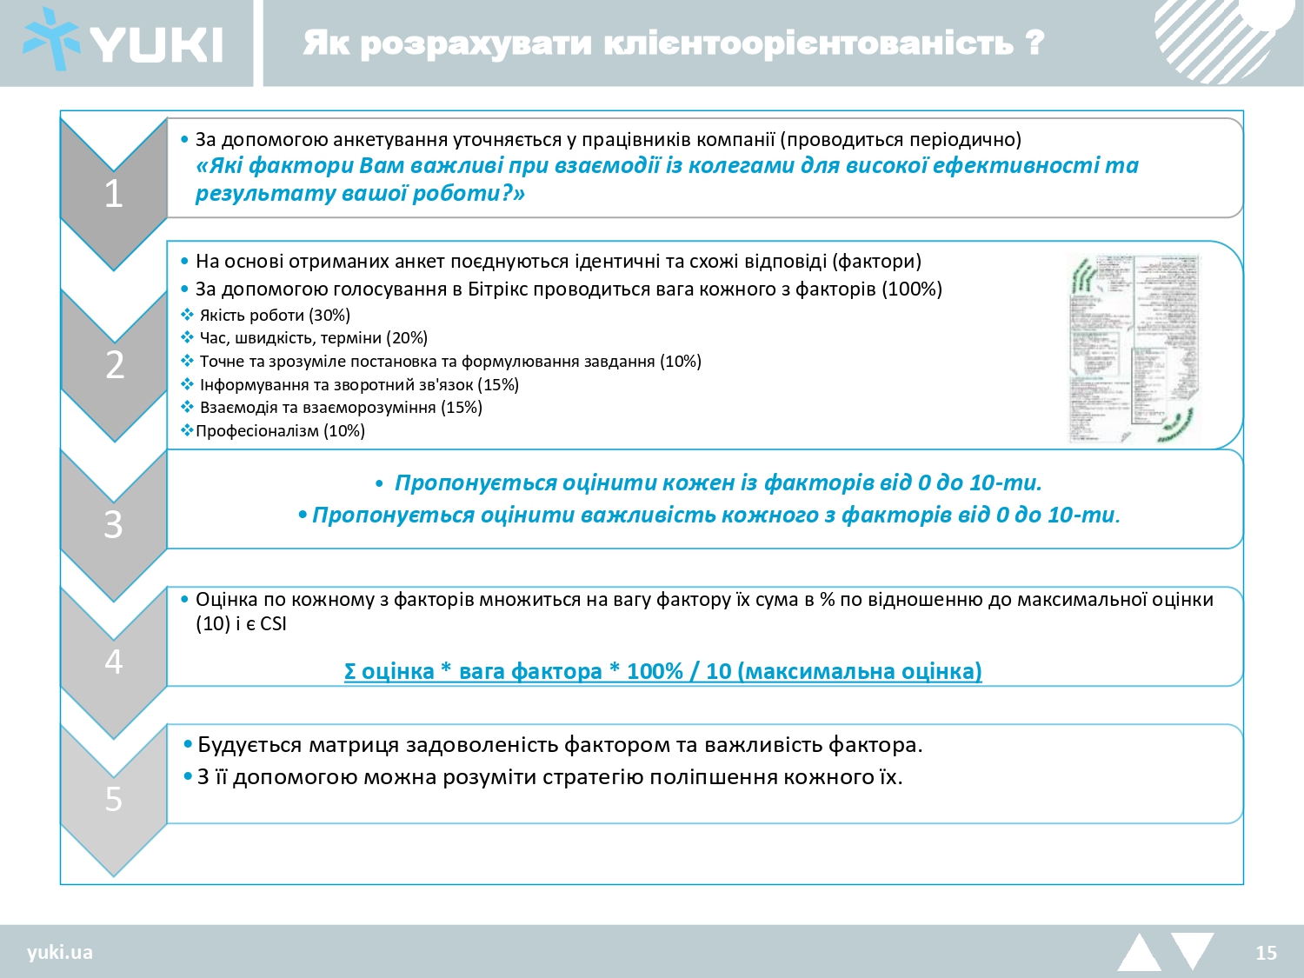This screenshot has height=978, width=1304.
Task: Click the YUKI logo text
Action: tap(156, 43)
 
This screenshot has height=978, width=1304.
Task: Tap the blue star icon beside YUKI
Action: tap(50, 40)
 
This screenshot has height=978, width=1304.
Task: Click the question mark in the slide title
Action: tap(1035, 42)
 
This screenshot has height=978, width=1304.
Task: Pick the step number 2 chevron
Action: tap(114, 365)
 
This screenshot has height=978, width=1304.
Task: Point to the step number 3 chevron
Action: tap(114, 524)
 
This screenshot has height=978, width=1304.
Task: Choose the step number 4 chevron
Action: tap(114, 662)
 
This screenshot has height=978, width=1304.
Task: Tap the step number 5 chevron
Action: tap(114, 798)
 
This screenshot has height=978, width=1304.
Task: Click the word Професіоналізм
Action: tap(256, 431)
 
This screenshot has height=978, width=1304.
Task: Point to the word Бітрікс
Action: tap(497, 289)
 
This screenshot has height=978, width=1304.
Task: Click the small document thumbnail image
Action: tap(1134, 349)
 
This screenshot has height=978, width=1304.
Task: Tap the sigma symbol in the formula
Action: tap(350, 672)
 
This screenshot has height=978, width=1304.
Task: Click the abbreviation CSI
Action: tap(273, 624)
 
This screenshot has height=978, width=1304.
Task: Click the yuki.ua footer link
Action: tap(59, 952)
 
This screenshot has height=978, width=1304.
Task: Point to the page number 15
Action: tap(1266, 953)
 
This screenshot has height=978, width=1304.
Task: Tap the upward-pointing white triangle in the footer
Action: tap(1139, 954)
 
